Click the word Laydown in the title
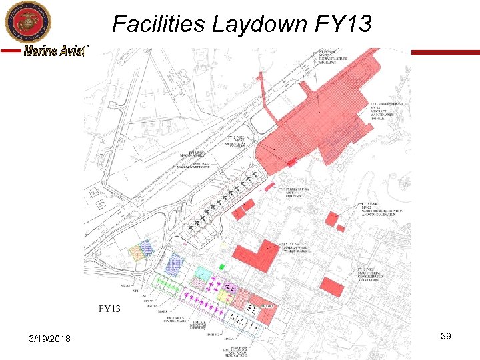pyautogui.click(x=257, y=24)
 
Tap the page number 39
pyautogui.click(x=446, y=337)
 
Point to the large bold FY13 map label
pyautogui.click(x=109, y=309)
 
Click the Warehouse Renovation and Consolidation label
pyautogui.click(x=386, y=211)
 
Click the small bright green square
pyautogui.click(x=221, y=266)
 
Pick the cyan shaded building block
pyautogui.click(x=202, y=271)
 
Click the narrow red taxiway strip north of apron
pyautogui.click(x=261, y=94)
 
